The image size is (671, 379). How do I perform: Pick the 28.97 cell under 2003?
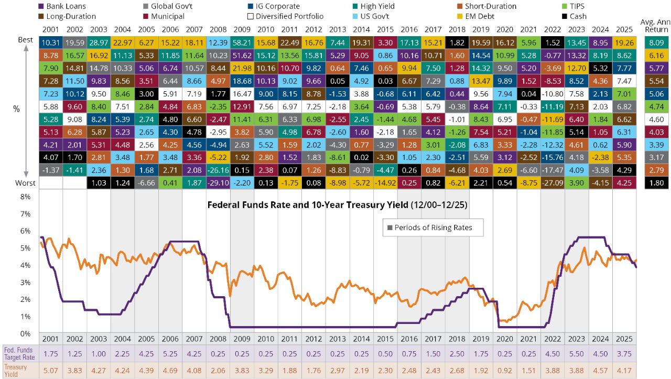click(x=99, y=42)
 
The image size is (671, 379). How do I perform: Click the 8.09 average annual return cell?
click(x=657, y=42)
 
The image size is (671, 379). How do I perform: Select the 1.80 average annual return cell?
click(x=657, y=183)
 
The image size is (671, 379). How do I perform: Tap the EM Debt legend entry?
click(x=477, y=16)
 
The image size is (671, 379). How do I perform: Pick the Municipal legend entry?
click(x=165, y=16)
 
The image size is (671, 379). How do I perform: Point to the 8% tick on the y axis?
click(x=25, y=197)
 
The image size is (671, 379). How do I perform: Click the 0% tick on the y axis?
click(x=25, y=333)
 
